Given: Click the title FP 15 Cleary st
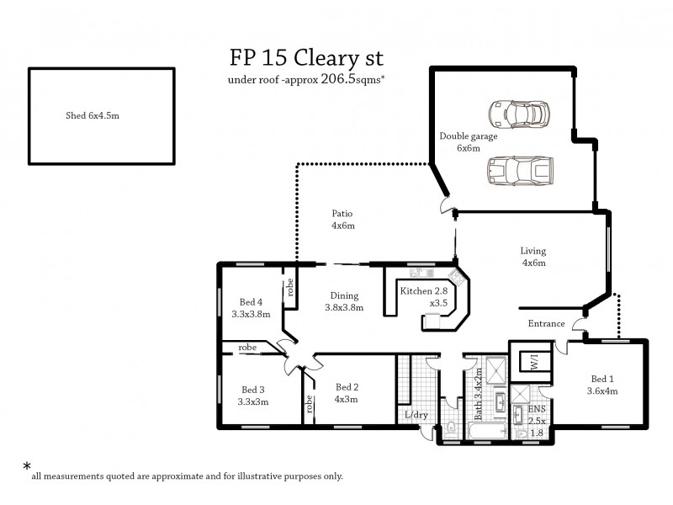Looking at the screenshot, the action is coord(306,58).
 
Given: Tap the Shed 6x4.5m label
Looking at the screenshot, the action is coord(93,115).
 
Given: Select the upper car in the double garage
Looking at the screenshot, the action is coord(519,114).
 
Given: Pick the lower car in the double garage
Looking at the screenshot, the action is coord(520,171).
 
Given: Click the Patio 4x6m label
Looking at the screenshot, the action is coord(343,220).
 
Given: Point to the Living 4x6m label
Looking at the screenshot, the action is coord(533,257).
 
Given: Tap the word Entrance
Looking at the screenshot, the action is coord(546,323).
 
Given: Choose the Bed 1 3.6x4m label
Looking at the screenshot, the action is coord(602,385).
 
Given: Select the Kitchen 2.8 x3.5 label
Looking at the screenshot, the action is coord(424,297).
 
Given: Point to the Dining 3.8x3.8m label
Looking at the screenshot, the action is coord(344,301).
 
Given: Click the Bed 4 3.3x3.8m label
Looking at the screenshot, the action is coord(251,308).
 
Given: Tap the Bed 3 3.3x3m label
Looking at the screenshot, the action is coord(253,396).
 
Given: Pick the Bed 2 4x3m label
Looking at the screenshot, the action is coord(347,393).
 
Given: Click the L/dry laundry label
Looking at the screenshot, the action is coord(416,415).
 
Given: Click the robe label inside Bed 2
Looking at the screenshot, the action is coord(309,404).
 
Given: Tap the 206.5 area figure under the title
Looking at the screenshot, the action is coord(338,78).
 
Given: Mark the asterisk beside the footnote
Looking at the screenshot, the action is coord(27,466).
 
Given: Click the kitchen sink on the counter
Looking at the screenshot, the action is coord(421,272).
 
